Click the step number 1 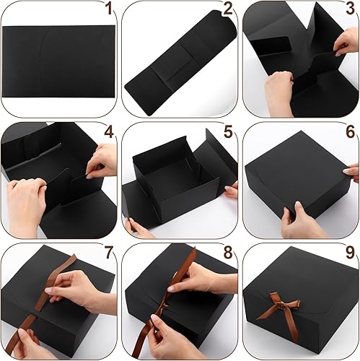[109, 10]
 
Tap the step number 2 [228, 10]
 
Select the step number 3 [350, 10]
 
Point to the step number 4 [109, 133]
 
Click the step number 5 [228, 133]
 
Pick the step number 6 [350, 133]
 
